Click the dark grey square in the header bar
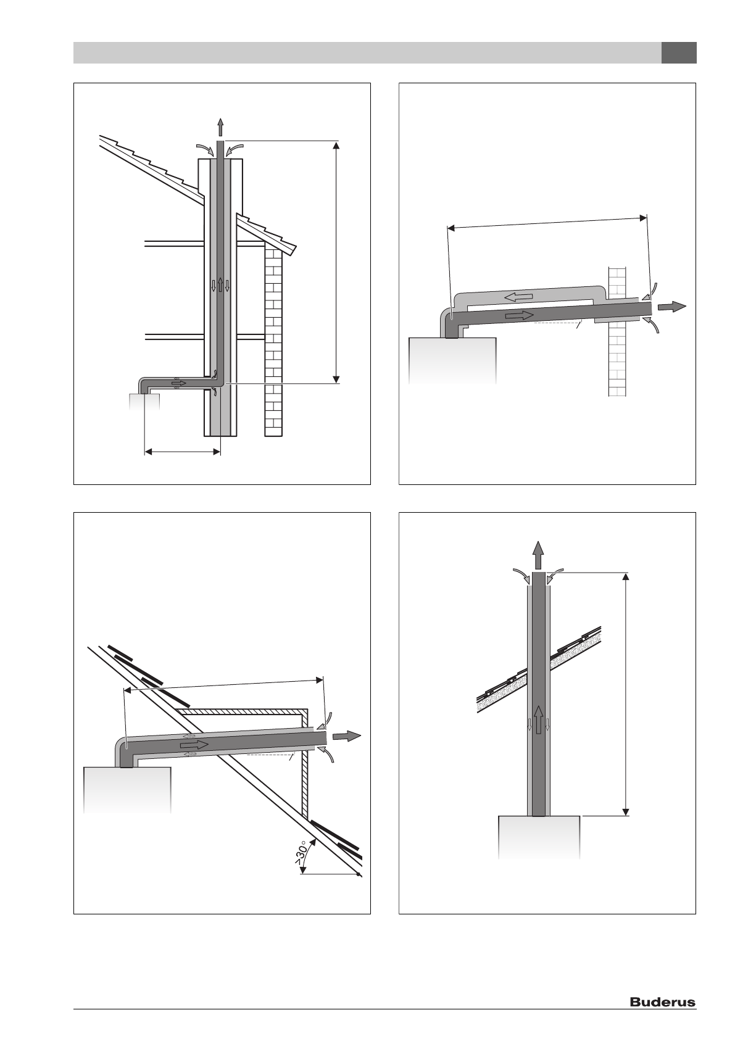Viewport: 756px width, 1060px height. (678, 53)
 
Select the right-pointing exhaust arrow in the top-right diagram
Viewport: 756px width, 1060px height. (671, 307)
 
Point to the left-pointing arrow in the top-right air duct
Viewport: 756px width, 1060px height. (518, 297)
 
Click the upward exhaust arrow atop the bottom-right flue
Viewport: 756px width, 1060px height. (538, 555)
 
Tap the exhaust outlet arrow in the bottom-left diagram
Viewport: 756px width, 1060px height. (346, 735)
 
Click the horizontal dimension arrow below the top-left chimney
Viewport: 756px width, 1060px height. (182, 452)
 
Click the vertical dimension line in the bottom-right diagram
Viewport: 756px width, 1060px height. (626, 694)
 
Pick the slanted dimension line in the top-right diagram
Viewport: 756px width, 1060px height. (547, 222)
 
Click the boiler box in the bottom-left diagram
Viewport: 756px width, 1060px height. (127, 790)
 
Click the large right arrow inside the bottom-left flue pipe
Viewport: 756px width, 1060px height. (194, 745)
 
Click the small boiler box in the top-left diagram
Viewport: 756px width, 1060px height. (144, 402)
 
